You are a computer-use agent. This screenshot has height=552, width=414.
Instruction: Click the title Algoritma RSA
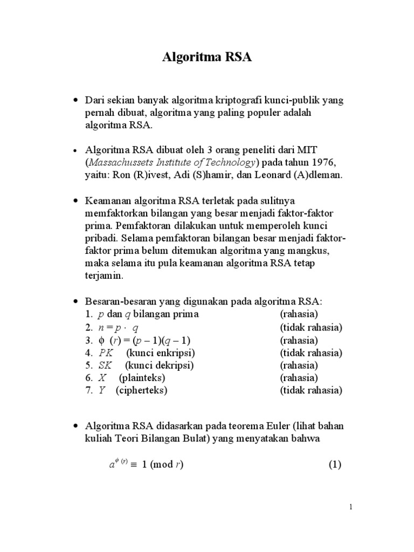[207, 58]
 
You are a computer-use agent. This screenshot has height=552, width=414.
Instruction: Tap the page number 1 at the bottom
[350, 507]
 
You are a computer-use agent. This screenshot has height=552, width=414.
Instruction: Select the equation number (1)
[335, 465]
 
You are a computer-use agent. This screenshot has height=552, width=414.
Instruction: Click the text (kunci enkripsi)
[161, 353]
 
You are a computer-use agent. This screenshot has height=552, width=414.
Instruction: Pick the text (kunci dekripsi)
[161, 365]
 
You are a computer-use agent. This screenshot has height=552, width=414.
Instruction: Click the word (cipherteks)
[141, 390]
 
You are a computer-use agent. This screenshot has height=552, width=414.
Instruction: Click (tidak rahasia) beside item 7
[311, 390]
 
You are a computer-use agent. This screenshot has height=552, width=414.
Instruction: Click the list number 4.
[88, 353]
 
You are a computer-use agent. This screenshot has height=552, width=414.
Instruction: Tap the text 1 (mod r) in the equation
[163, 465]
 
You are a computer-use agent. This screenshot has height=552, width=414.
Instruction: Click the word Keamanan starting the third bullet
[105, 201]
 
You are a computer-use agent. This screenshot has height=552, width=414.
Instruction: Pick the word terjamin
[105, 275]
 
